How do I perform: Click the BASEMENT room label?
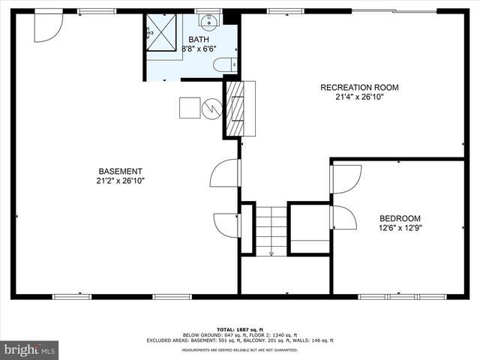coord(119,171)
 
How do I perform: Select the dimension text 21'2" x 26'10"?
coord(119,181)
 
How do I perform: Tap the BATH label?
coord(199,39)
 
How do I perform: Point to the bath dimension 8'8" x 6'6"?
coord(199,49)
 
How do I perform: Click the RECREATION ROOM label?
coord(359,88)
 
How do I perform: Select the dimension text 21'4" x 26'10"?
coord(359,97)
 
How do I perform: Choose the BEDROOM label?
coord(400,218)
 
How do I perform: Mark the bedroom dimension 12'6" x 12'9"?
coord(400,228)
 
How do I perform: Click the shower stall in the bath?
coord(160,31)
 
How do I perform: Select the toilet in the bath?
coord(225,65)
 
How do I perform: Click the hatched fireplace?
coord(236,108)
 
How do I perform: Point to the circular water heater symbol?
coord(212,109)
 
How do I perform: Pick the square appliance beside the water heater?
coord(189,108)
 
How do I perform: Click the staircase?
coord(272,228)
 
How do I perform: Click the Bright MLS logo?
coord(30,349)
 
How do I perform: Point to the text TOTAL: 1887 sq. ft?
coord(240,329)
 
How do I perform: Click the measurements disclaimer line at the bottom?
coord(240,349)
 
